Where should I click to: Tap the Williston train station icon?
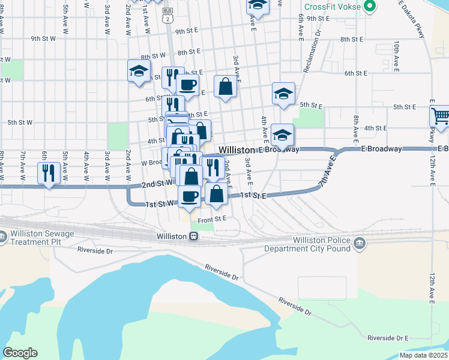click(x=193, y=236)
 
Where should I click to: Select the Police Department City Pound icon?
click(x=359, y=243)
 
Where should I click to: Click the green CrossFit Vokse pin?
click(x=370, y=7)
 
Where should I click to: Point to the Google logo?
click(x=20, y=353)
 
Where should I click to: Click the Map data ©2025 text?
click(x=423, y=355)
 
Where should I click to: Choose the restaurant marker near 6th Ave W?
click(x=46, y=173)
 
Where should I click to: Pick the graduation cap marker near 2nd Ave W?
click(x=139, y=71)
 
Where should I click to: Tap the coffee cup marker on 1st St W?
click(x=190, y=196)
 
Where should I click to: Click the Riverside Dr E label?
click(x=387, y=338)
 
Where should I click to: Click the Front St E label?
click(x=212, y=219)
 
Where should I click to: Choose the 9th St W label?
click(x=43, y=38)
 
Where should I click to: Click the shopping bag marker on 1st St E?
click(x=217, y=194)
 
